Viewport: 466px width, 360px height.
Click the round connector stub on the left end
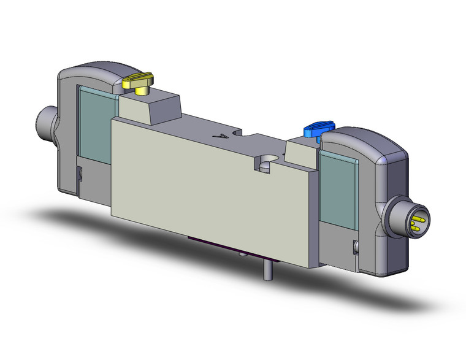tap(45, 121)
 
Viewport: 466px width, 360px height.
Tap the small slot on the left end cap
tap(78, 175)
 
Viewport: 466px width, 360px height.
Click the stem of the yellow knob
tap(142, 91)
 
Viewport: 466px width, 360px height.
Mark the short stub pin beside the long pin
tap(242, 253)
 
